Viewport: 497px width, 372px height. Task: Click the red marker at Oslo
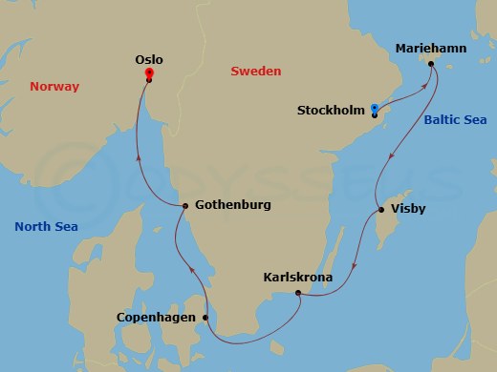tap(149, 73)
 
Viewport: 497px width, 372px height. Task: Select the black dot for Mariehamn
tap(431, 65)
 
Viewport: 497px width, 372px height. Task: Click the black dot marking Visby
tap(381, 210)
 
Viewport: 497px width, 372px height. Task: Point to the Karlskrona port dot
tap(298, 293)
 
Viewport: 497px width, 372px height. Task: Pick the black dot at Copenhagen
tap(205, 317)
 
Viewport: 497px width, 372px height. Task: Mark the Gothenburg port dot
tap(184, 205)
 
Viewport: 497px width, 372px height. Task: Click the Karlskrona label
tap(297, 278)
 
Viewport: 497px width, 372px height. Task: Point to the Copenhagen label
tap(157, 318)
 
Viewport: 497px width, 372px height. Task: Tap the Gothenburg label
tap(232, 205)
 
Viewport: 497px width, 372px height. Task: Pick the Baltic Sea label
tap(449, 121)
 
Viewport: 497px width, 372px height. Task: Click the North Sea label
tap(46, 226)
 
